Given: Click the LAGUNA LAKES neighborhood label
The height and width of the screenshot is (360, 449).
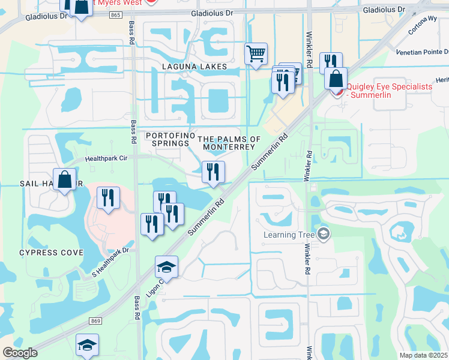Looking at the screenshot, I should [193, 67].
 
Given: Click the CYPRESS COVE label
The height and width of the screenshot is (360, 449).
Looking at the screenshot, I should [51, 253].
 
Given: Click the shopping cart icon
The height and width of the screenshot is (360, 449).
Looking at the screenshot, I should [256, 54].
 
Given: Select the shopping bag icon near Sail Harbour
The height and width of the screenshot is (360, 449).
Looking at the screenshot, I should [64, 179].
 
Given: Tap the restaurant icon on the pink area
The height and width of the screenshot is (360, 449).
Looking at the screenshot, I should [107, 197].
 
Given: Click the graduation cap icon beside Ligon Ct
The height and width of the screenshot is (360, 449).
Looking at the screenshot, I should [166, 267].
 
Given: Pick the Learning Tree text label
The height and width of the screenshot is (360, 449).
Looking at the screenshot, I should [290, 235].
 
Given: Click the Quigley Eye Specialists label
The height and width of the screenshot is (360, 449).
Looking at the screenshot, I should [390, 91].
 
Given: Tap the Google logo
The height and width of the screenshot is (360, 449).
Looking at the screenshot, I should [20, 353].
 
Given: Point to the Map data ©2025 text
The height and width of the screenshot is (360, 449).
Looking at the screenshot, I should [424, 355].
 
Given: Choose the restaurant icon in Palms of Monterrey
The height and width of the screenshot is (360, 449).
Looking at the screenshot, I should [213, 172].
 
